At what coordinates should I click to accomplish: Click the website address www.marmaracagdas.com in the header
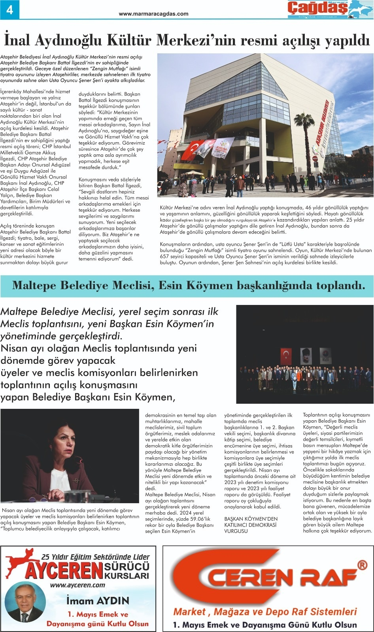153,14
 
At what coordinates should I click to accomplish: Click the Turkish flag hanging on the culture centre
190,148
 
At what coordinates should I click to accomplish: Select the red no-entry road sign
315,159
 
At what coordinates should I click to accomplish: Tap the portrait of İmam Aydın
26,603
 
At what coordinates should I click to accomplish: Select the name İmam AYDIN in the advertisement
98,601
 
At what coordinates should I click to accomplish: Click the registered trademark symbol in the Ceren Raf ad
362,565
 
